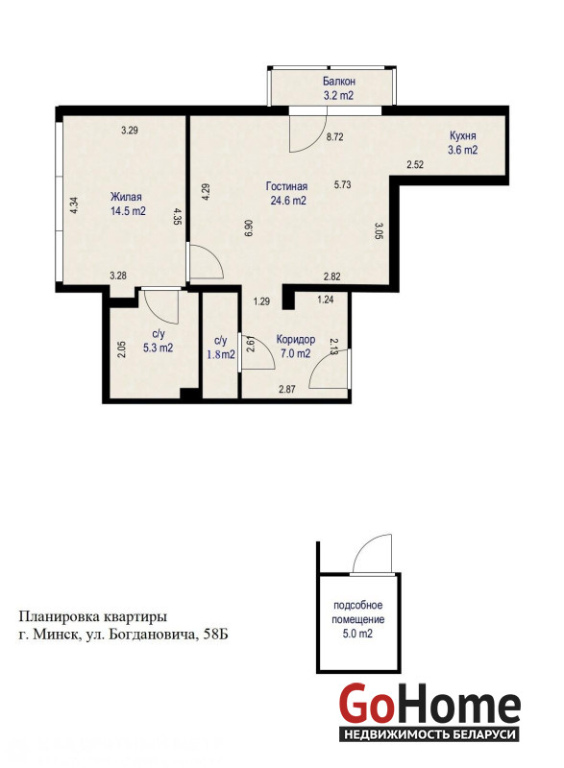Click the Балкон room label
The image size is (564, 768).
click(338, 82)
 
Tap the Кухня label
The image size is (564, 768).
click(462, 135)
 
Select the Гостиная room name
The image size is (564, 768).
click(286, 186)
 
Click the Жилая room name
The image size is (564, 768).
click(126, 197)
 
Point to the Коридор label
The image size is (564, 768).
click(296, 339)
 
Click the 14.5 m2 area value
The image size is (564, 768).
click(129, 211)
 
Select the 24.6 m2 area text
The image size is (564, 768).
click(288, 200)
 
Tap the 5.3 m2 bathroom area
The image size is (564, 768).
click(158, 348)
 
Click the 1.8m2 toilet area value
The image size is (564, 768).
click(221, 354)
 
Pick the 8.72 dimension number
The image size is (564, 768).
click(334, 137)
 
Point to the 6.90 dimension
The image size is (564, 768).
click(248, 228)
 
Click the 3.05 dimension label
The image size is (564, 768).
click(379, 230)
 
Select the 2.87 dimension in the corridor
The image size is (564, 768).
click(286, 390)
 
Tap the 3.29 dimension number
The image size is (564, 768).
click(130, 131)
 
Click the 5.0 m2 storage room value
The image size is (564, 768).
click(357, 634)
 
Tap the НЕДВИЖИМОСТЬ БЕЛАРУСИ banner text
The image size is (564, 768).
click(430, 734)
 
